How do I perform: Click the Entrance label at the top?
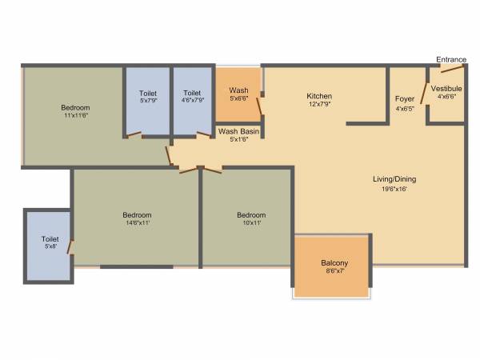coord(451,59)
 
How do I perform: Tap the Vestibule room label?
coord(446,88)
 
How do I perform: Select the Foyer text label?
coord(405,99)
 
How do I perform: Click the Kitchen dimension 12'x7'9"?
coord(319,105)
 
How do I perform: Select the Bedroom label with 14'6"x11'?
coord(137,214)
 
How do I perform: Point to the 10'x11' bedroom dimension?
coord(251,223)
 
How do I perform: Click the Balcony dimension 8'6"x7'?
coord(334,272)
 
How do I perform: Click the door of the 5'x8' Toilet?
coord(71,248)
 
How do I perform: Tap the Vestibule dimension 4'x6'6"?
coord(446,97)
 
